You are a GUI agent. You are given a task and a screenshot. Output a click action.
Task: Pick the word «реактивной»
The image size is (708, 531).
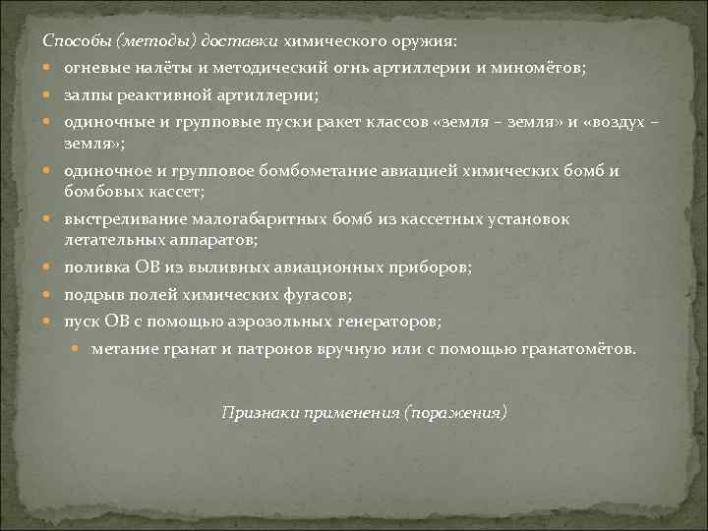[156, 95]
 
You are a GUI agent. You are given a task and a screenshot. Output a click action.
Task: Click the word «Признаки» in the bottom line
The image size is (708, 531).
[255, 412]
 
